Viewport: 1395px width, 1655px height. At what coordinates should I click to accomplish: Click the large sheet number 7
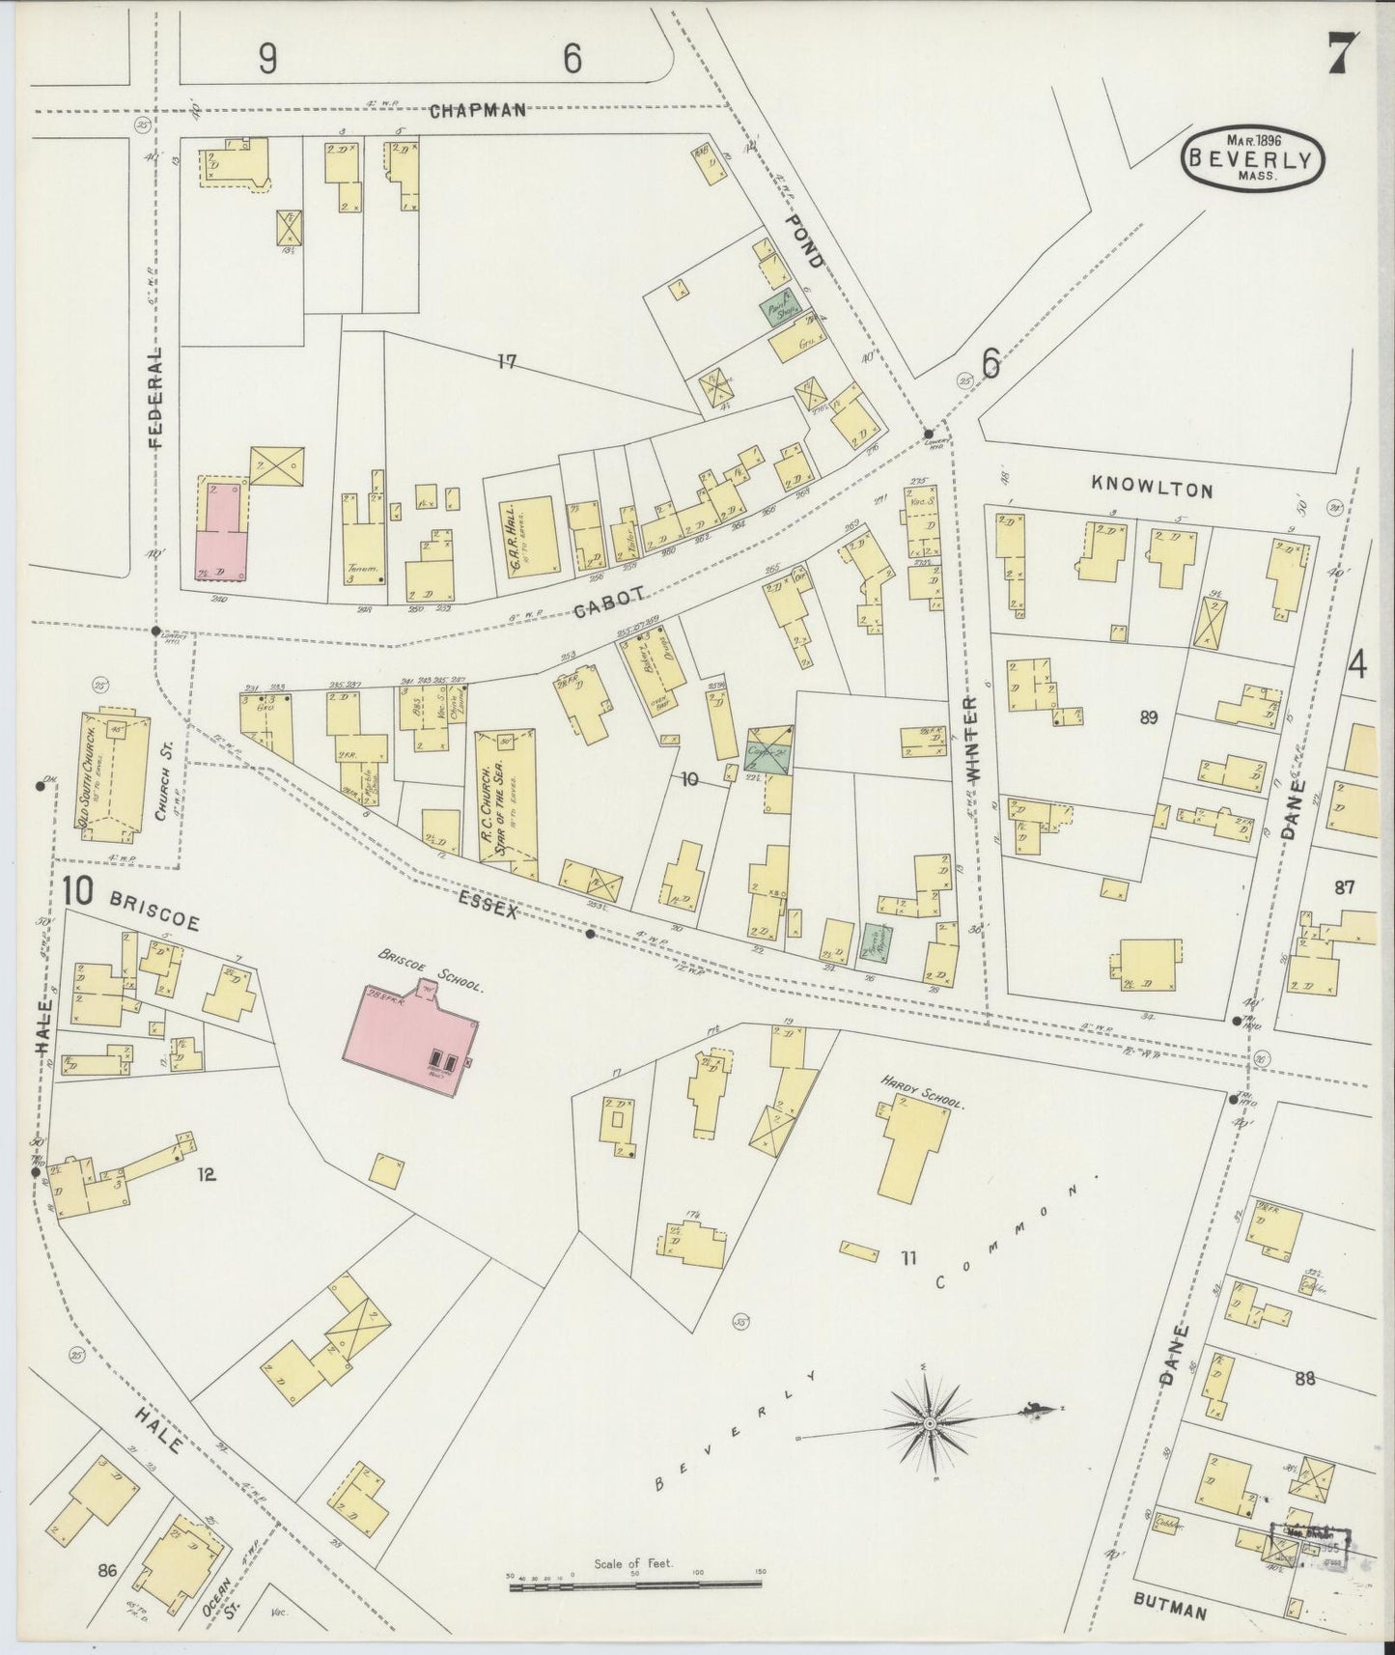[1343, 54]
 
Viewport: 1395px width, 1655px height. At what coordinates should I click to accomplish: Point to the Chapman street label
[478, 110]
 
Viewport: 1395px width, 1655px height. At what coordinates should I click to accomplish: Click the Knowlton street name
[1151, 490]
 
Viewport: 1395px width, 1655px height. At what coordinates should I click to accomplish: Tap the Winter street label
[971, 739]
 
